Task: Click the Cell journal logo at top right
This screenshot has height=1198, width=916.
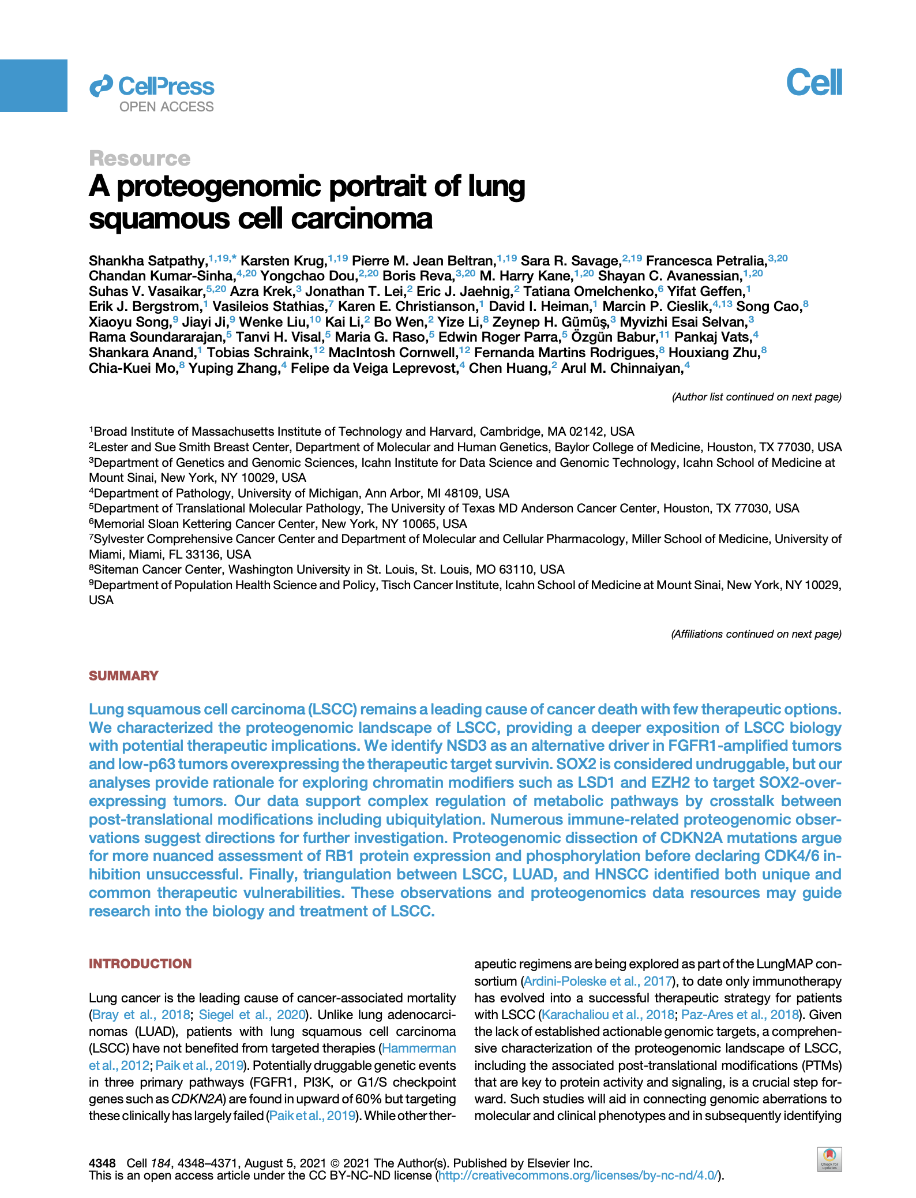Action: coord(814,83)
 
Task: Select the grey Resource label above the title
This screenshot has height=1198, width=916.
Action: coord(140,159)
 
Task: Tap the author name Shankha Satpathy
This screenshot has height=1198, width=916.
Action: coord(148,261)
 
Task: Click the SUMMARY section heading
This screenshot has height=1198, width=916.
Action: coord(123,676)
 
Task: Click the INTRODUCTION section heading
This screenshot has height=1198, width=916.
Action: coord(140,964)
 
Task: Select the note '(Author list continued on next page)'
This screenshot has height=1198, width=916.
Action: coord(756,397)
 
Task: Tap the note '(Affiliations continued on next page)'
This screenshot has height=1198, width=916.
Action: coord(756,634)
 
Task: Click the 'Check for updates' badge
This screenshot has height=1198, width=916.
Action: coord(829,1159)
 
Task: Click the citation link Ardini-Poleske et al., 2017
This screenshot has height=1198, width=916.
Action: coord(598,981)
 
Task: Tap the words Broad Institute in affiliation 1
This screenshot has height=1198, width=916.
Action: coord(135,432)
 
